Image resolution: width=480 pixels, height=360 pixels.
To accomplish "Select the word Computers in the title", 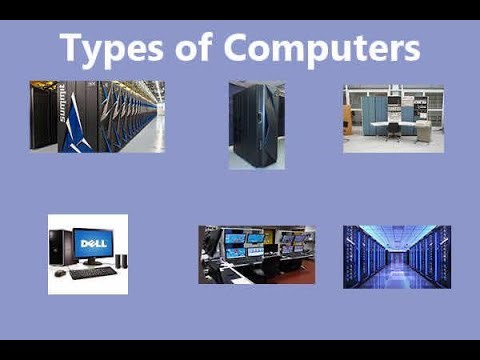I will [x=322, y=47].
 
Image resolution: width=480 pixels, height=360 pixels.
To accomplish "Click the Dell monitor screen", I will [x=93, y=243].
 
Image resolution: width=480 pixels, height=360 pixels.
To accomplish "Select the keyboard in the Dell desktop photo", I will [x=93, y=272].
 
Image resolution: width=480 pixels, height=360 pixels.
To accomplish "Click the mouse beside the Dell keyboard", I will [x=60, y=273].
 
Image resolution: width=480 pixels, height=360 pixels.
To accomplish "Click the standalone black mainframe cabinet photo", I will [x=256, y=125].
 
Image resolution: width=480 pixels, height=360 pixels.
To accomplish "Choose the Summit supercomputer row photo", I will [x=97, y=116].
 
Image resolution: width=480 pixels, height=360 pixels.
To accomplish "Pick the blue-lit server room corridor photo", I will [x=396, y=256].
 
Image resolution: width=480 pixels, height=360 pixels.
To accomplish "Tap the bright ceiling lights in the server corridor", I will [x=397, y=233].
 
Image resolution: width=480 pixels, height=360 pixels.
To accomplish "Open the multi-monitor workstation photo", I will [x=256, y=254].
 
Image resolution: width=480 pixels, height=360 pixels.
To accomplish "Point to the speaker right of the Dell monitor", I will [x=120, y=261].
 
